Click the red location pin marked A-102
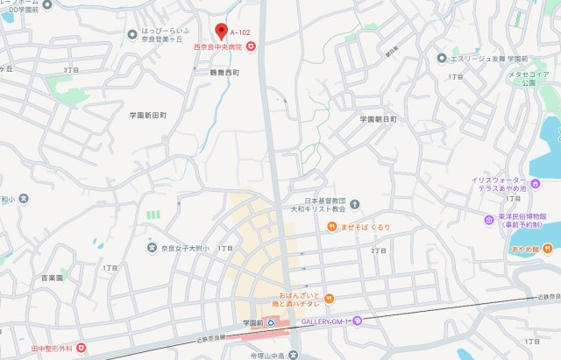pyautogui.click(x=221, y=31)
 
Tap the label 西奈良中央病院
pyautogui.click(x=220, y=46)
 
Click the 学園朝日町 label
pyautogui.click(x=378, y=117)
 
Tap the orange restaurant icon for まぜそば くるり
pyautogui.click(x=332, y=227)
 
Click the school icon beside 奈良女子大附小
pyautogui.click(x=151, y=248)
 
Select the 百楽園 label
pyautogui.click(x=52, y=277)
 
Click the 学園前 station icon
pyautogui.click(x=270, y=321)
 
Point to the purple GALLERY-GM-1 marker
pyautogui.click(x=356, y=321)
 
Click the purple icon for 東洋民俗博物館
pyautogui.click(x=488, y=219)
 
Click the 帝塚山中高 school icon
pyautogui.click(x=295, y=355)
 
